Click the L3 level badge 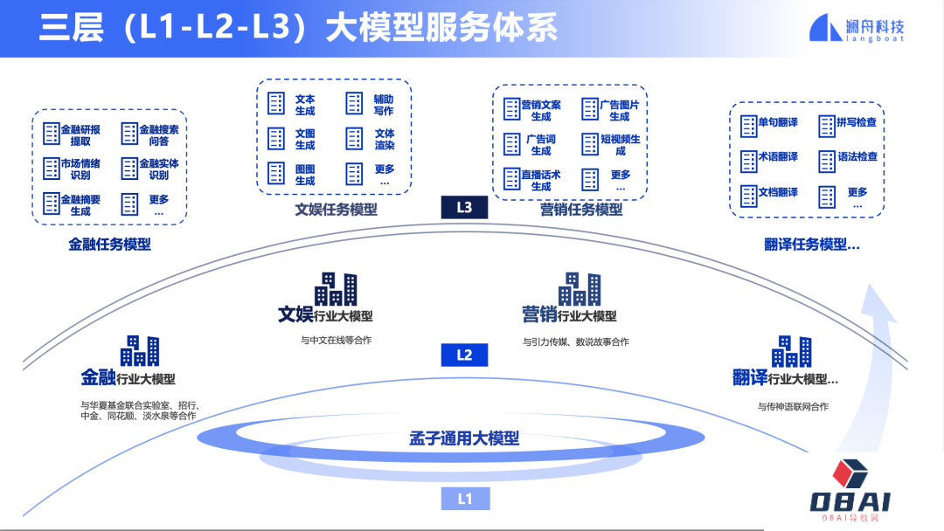[x=464, y=207]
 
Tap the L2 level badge [x=464, y=355]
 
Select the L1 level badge [x=464, y=499]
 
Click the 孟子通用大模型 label [x=464, y=438]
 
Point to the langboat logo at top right [x=857, y=28]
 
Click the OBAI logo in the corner [x=850, y=491]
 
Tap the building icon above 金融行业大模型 [x=140, y=350]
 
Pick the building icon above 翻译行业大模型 [x=791, y=351]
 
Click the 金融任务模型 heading [x=110, y=245]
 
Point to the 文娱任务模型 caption [x=336, y=210]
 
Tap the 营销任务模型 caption [x=581, y=210]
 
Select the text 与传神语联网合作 [x=793, y=406]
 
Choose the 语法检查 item [x=848, y=158]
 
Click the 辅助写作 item [x=371, y=105]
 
